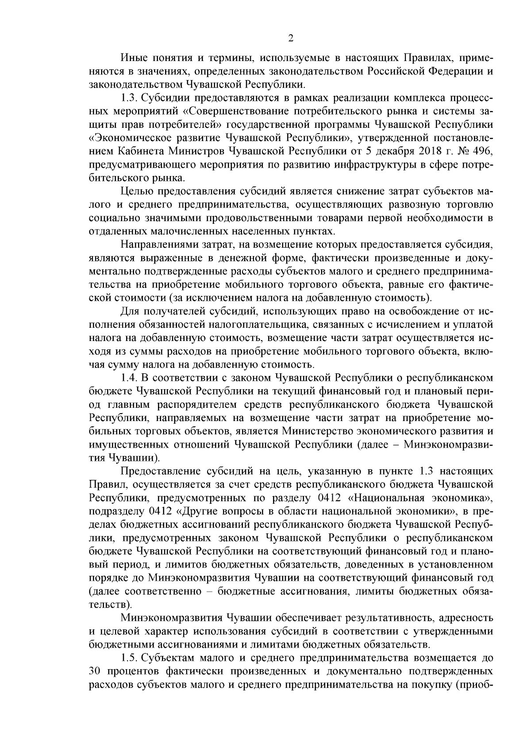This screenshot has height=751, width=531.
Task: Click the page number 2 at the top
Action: [291, 38]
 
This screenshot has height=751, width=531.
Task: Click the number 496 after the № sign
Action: [482, 151]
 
